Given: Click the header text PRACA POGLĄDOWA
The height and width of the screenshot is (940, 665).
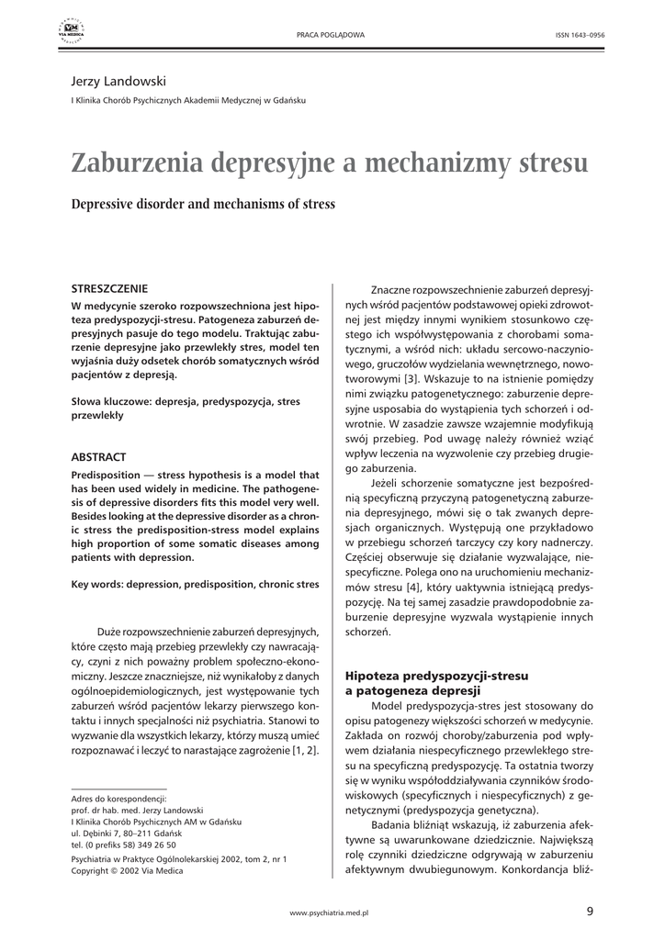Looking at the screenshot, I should [330, 35].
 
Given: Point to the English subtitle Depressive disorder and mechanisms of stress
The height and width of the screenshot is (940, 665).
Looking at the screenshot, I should [203, 204].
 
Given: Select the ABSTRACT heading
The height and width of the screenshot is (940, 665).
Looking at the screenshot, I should [98, 456].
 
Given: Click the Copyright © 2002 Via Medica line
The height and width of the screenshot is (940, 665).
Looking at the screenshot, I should [127, 871].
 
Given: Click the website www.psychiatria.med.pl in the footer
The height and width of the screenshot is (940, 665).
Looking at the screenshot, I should [329, 914].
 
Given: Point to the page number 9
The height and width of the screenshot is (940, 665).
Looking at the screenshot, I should [589, 912].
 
